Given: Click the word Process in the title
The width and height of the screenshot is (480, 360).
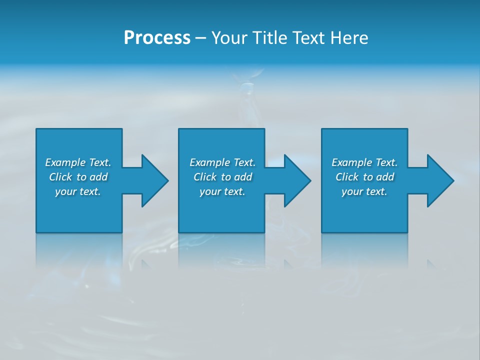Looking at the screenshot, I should click(x=157, y=37).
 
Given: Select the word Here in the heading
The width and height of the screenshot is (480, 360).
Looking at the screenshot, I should click(x=349, y=38).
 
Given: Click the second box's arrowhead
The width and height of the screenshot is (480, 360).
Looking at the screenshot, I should click(x=297, y=180).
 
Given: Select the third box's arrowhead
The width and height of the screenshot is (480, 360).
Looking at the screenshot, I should click(x=440, y=180).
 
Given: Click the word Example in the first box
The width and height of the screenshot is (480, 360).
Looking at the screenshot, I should click(x=65, y=162).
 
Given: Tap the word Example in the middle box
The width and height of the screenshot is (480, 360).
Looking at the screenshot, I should click(x=210, y=162).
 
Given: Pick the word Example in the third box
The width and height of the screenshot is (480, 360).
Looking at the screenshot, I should click(x=352, y=162).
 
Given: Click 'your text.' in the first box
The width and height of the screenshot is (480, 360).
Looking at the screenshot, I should click(x=78, y=191).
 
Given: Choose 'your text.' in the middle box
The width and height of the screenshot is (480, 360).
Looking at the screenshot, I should click(x=222, y=191).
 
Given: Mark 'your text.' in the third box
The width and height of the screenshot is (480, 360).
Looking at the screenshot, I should click(x=364, y=191).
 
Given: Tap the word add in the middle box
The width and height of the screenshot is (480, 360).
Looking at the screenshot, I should click(x=242, y=177).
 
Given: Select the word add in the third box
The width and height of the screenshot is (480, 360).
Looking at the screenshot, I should click(x=384, y=177).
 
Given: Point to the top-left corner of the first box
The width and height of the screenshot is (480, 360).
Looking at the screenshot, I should click(x=36, y=129).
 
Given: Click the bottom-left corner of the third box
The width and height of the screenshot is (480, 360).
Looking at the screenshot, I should click(x=322, y=232).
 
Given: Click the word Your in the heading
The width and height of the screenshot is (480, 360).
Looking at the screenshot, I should click(x=230, y=38).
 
